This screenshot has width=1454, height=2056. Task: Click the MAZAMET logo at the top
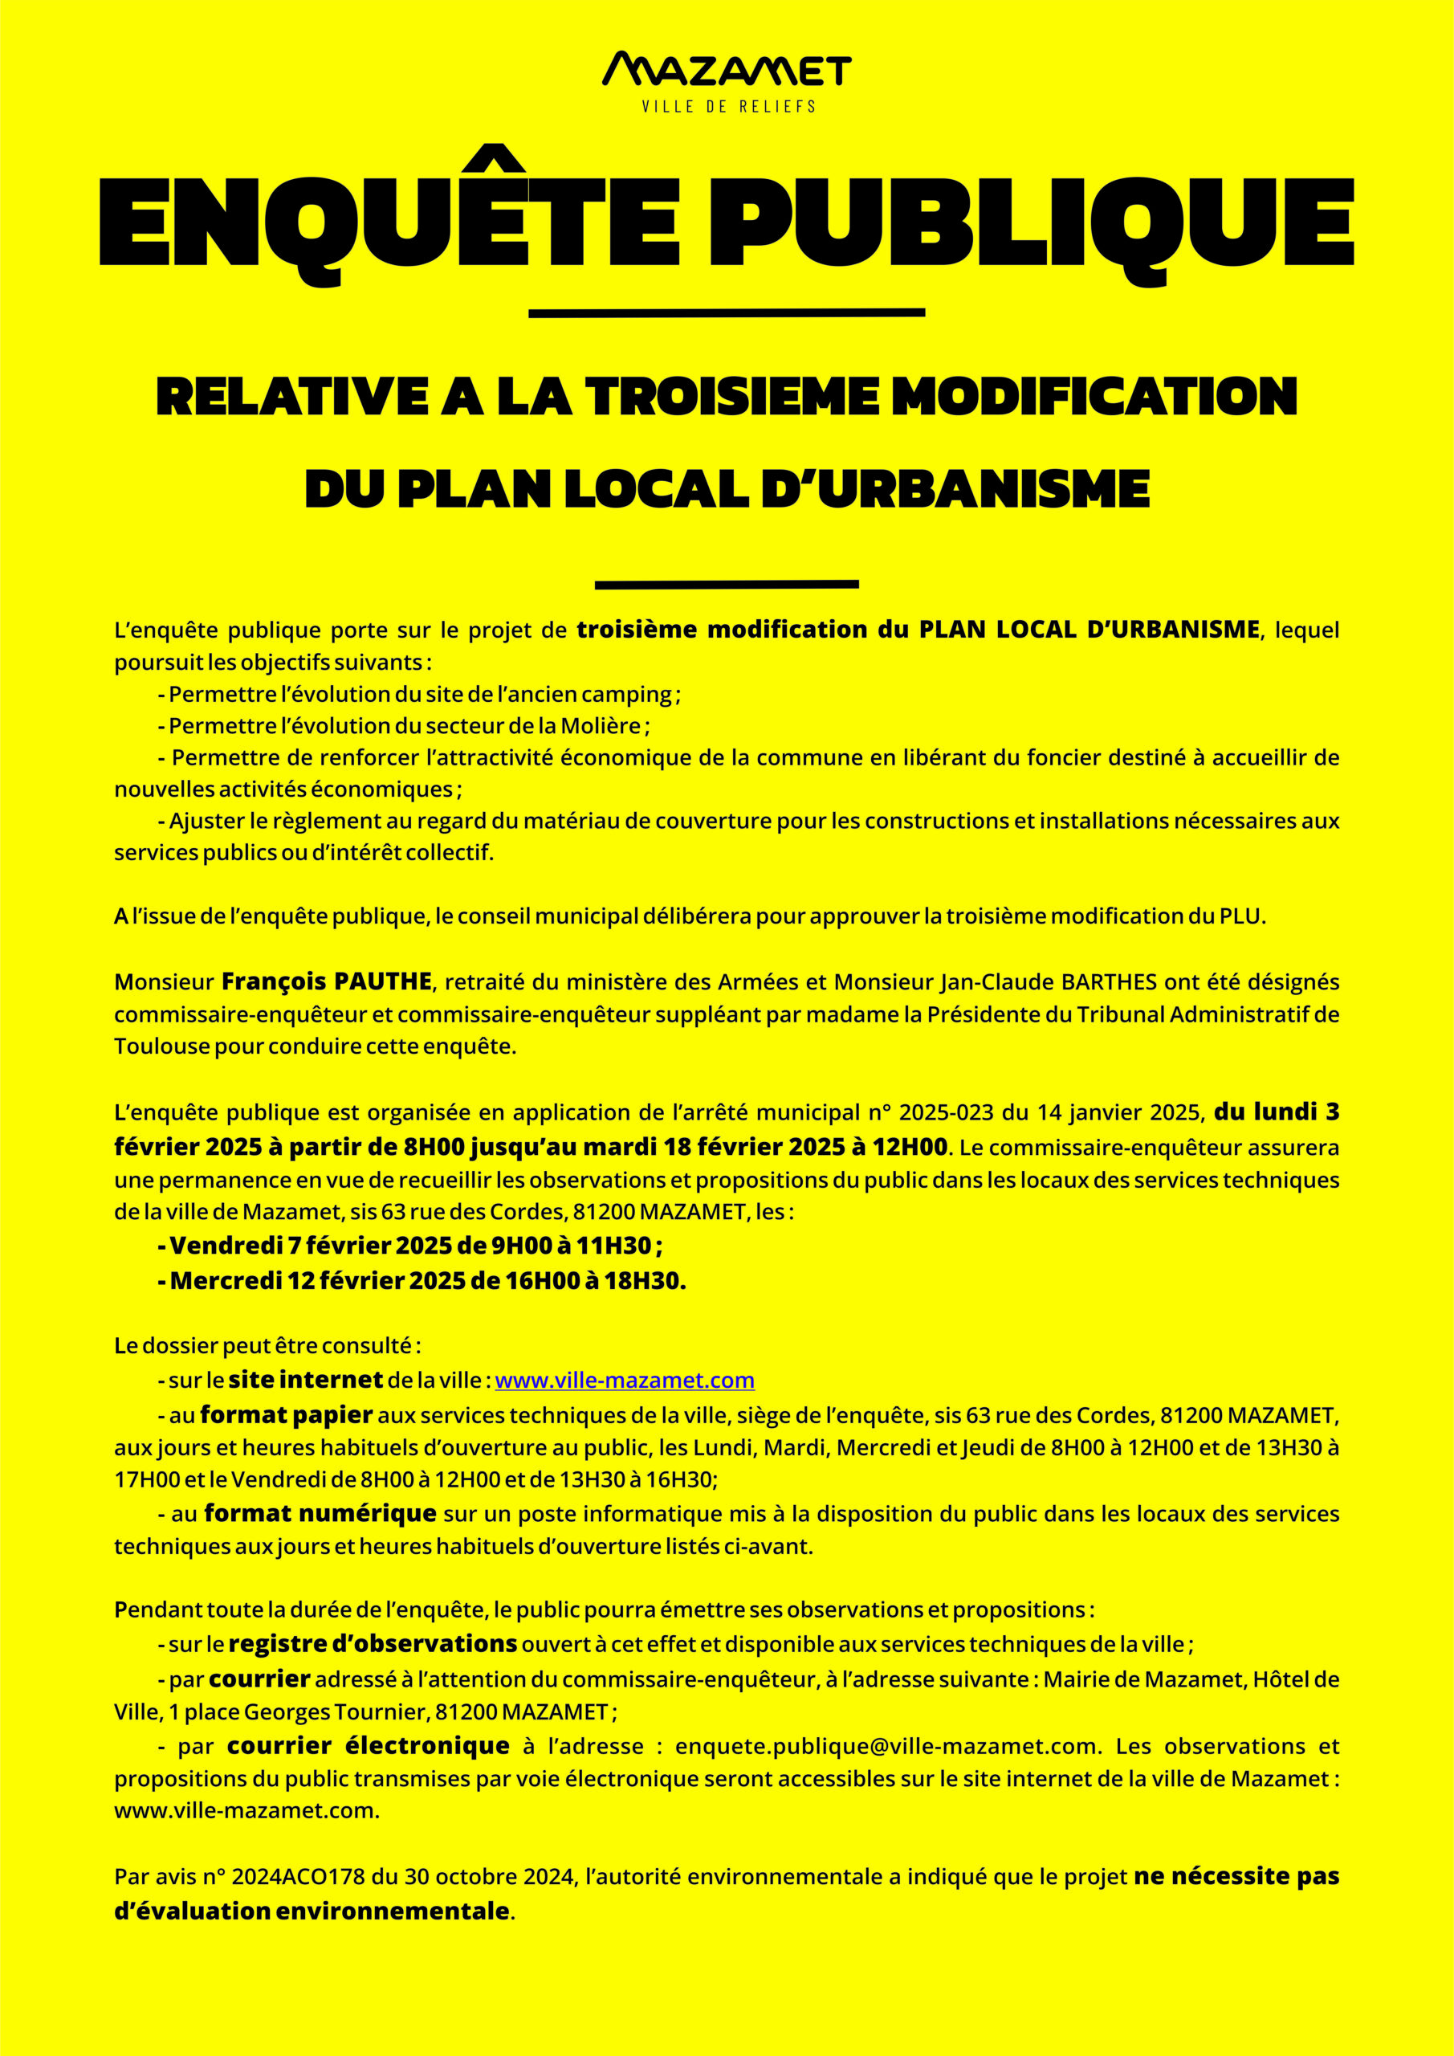pyautogui.click(x=727, y=70)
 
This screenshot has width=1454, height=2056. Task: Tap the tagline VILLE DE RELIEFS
pyautogui.click(x=728, y=107)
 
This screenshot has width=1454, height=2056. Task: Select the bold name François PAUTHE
pyautogui.click(x=327, y=981)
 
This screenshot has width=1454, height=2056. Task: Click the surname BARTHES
pyautogui.click(x=1109, y=982)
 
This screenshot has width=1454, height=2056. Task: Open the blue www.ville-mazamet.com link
pyautogui.click(x=624, y=1381)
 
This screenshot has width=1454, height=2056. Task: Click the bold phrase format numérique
pyautogui.click(x=320, y=1514)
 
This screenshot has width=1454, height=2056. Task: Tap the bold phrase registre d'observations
pyautogui.click(x=373, y=1645)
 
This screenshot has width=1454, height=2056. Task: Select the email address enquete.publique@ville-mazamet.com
pyautogui.click(x=886, y=1747)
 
